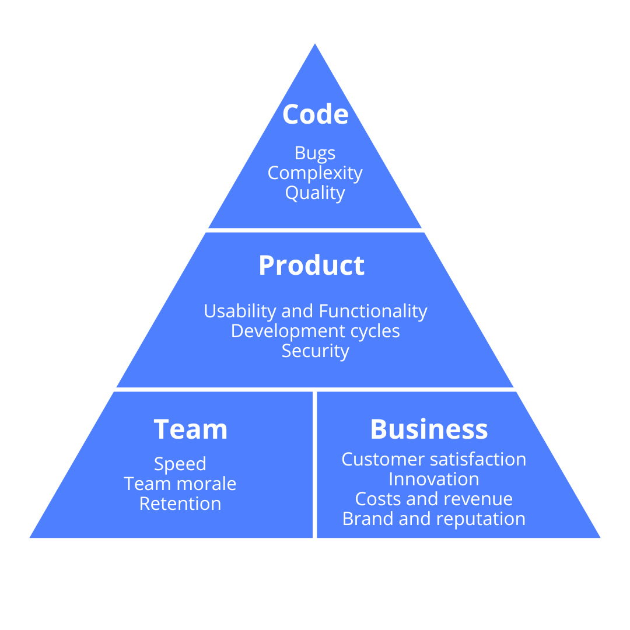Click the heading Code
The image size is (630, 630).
(315, 114)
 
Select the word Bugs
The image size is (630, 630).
(315, 153)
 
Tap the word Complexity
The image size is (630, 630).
(315, 173)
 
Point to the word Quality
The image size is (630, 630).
(315, 192)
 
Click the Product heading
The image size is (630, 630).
(311, 265)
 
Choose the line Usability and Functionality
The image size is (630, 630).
(315, 311)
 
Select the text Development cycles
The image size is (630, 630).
(315, 331)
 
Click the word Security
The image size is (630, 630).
(315, 351)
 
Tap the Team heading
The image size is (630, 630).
(190, 429)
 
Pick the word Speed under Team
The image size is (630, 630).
(180, 464)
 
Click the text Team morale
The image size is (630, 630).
(180, 484)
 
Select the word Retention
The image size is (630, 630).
(180, 503)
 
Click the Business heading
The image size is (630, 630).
(429, 429)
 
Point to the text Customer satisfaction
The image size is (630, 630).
(433, 459)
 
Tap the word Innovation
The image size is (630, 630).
(433, 479)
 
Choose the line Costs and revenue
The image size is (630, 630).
(433, 499)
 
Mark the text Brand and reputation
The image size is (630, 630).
(433, 519)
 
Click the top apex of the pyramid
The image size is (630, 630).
(315, 45)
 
